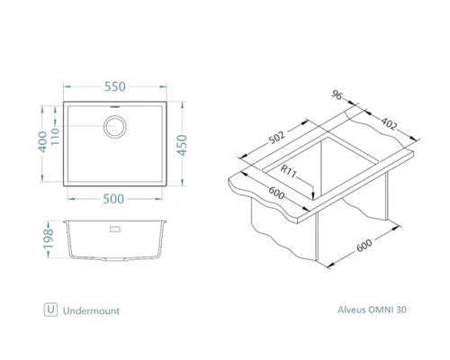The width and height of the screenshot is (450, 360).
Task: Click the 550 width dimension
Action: (115, 86)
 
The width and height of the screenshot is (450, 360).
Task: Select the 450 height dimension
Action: (182, 145)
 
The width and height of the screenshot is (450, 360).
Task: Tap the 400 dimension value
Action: (43, 141)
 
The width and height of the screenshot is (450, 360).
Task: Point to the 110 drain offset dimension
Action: (56, 136)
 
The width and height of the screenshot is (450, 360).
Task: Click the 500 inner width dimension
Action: (113, 199)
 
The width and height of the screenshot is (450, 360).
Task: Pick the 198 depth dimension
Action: (49, 238)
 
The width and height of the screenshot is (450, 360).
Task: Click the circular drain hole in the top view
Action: (115, 127)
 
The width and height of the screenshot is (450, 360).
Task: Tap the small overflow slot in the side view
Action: (115, 229)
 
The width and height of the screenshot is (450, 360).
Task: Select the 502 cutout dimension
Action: (276, 139)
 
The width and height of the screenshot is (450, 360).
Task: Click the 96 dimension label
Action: (337, 95)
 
